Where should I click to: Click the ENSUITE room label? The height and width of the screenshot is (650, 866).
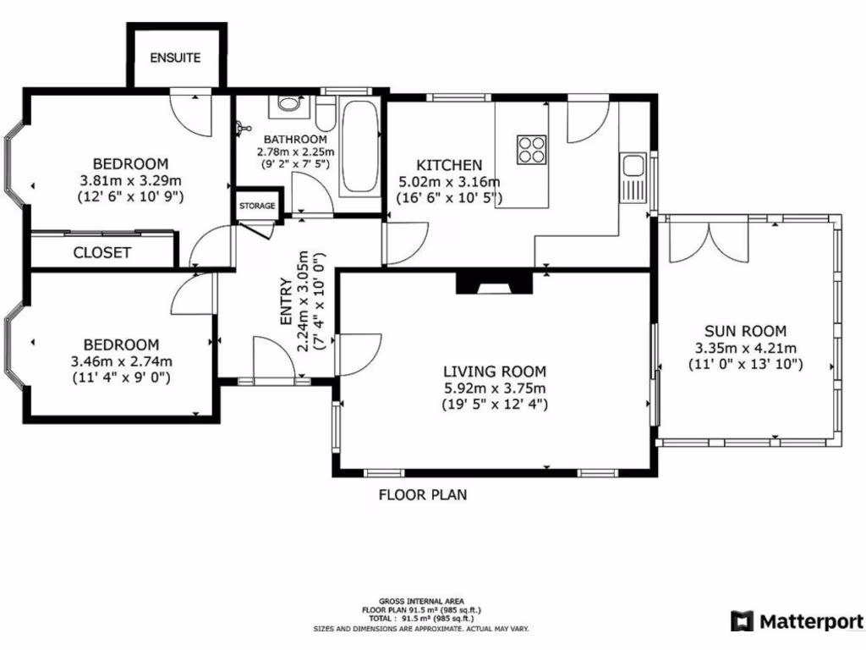pyautogui.click(x=176, y=58)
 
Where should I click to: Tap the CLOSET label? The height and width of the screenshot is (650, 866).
pyautogui.click(x=102, y=252)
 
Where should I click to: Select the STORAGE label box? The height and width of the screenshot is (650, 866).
pyautogui.click(x=257, y=206)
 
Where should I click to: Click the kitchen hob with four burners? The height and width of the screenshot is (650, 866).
pyautogui.click(x=531, y=149)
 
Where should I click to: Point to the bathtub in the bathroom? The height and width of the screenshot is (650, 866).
pyautogui.click(x=359, y=148)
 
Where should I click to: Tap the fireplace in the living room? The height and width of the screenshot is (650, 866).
pyautogui.click(x=494, y=283)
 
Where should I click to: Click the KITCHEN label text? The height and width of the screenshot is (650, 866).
pyautogui.click(x=448, y=165)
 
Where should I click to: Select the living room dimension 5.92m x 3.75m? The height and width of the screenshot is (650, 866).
pyautogui.click(x=495, y=388)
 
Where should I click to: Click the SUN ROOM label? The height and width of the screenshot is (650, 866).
pyautogui.click(x=745, y=331)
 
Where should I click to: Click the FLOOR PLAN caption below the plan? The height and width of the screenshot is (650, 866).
pyautogui.click(x=422, y=494)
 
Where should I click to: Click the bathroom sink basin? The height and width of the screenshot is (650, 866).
pyautogui.click(x=289, y=105)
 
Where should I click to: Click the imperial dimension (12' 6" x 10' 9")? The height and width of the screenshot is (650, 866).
pyautogui.click(x=131, y=196)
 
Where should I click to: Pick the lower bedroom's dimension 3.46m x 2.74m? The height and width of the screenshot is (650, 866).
pyautogui.click(x=122, y=361)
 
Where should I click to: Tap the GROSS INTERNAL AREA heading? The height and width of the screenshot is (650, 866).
pyautogui.click(x=421, y=601)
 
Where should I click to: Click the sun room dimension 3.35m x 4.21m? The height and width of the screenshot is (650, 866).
pyautogui.click(x=745, y=348)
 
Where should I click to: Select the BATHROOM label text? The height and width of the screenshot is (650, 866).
pyautogui.click(x=295, y=139)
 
